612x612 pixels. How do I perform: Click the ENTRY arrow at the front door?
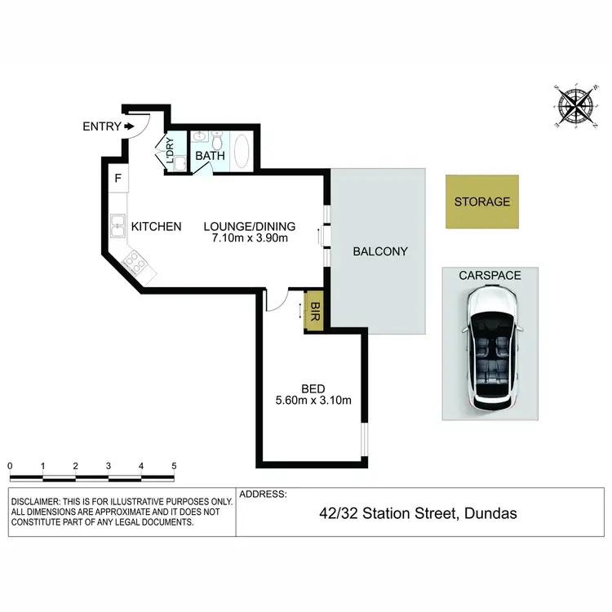pyautogui.click(x=129, y=126)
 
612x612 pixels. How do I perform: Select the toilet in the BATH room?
pyautogui.click(x=217, y=139)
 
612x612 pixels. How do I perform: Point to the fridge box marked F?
pyautogui.click(x=118, y=179)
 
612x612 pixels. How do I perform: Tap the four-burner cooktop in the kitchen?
pyautogui.click(x=134, y=264)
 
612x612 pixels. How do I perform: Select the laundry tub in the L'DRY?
pyautogui.click(x=181, y=163)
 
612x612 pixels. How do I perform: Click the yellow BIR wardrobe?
pyautogui.click(x=315, y=311)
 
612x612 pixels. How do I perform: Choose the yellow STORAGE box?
pyautogui.click(x=481, y=202)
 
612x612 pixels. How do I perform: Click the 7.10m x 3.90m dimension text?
pyautogui.click(x=249, y=239)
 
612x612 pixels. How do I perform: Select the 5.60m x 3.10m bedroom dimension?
pyautogui.click(x=314, y=400)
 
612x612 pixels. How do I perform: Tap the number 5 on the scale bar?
pyautogui.click(x=174, y=466)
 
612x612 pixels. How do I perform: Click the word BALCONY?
pyautogui.click(x=379, y=251)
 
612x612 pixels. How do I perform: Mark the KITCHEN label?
pyautogui.click(x=157, y=226)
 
